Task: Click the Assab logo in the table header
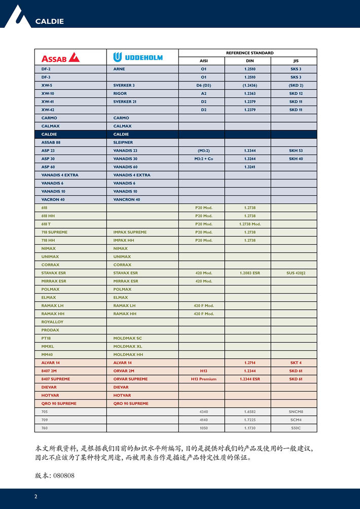click(x=60, y=57)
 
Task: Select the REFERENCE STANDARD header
click(x=249, y=53)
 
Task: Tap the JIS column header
click(x=296, y=61)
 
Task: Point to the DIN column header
click(x=249, y=61)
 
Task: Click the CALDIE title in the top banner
click(x=49, y=21)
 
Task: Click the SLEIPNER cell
click(x=123, y=142)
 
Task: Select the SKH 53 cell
click(x=296, y=151)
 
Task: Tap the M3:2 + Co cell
click(x=204, y=159)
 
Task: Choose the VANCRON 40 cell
click(x=126, y=199)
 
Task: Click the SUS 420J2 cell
click(x=296, y=273)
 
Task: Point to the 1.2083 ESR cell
click(x=249, y=273)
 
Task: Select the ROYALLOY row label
click(x=52, y=321)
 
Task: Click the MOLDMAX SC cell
click(x=127, y=338)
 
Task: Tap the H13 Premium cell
click(x=204, y=379)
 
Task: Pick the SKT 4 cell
click(x=296, y=362)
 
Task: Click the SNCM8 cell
click(x=296, y=411)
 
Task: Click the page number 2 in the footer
click(x=35, y=496)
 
